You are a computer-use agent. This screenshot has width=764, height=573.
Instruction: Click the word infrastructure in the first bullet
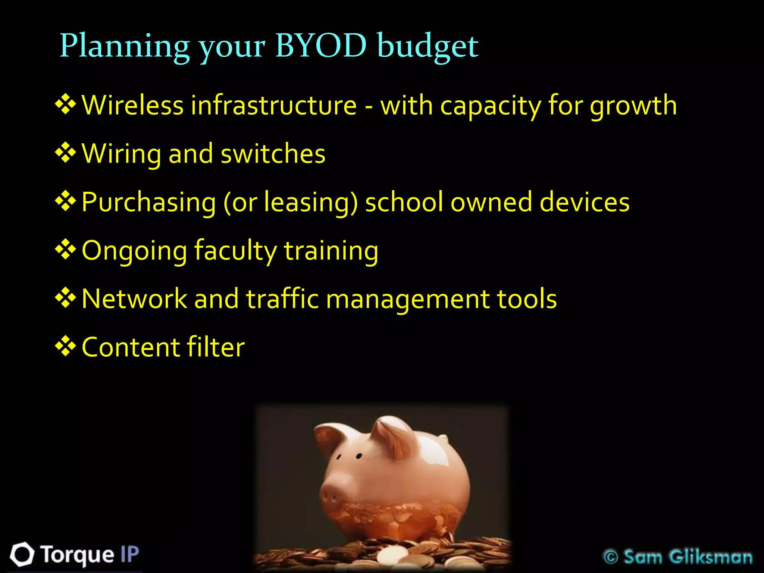pyautogui.click(x=274, y=105)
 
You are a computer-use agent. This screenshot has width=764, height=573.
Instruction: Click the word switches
pyautogui.click(x=273, y=153)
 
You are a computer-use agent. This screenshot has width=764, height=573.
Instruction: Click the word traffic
pyautogui.click(x=282, y=299)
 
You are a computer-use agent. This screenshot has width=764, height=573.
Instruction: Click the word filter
pyautogui.click(x=216, y=347)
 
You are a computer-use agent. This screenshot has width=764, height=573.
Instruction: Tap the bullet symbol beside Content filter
pyautogui.click(x=66, y=346)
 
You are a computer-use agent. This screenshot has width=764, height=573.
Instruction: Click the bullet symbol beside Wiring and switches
pyautogui.click(x=66, y=153)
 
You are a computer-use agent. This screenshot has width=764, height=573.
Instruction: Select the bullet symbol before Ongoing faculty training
pyautogui.click(x=66, y=249)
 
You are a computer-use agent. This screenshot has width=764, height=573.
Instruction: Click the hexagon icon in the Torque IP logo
pyautogui.click(x=22, y=554)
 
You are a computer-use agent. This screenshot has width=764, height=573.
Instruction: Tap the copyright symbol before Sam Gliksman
pyautogui.click(x=611, y=557)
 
